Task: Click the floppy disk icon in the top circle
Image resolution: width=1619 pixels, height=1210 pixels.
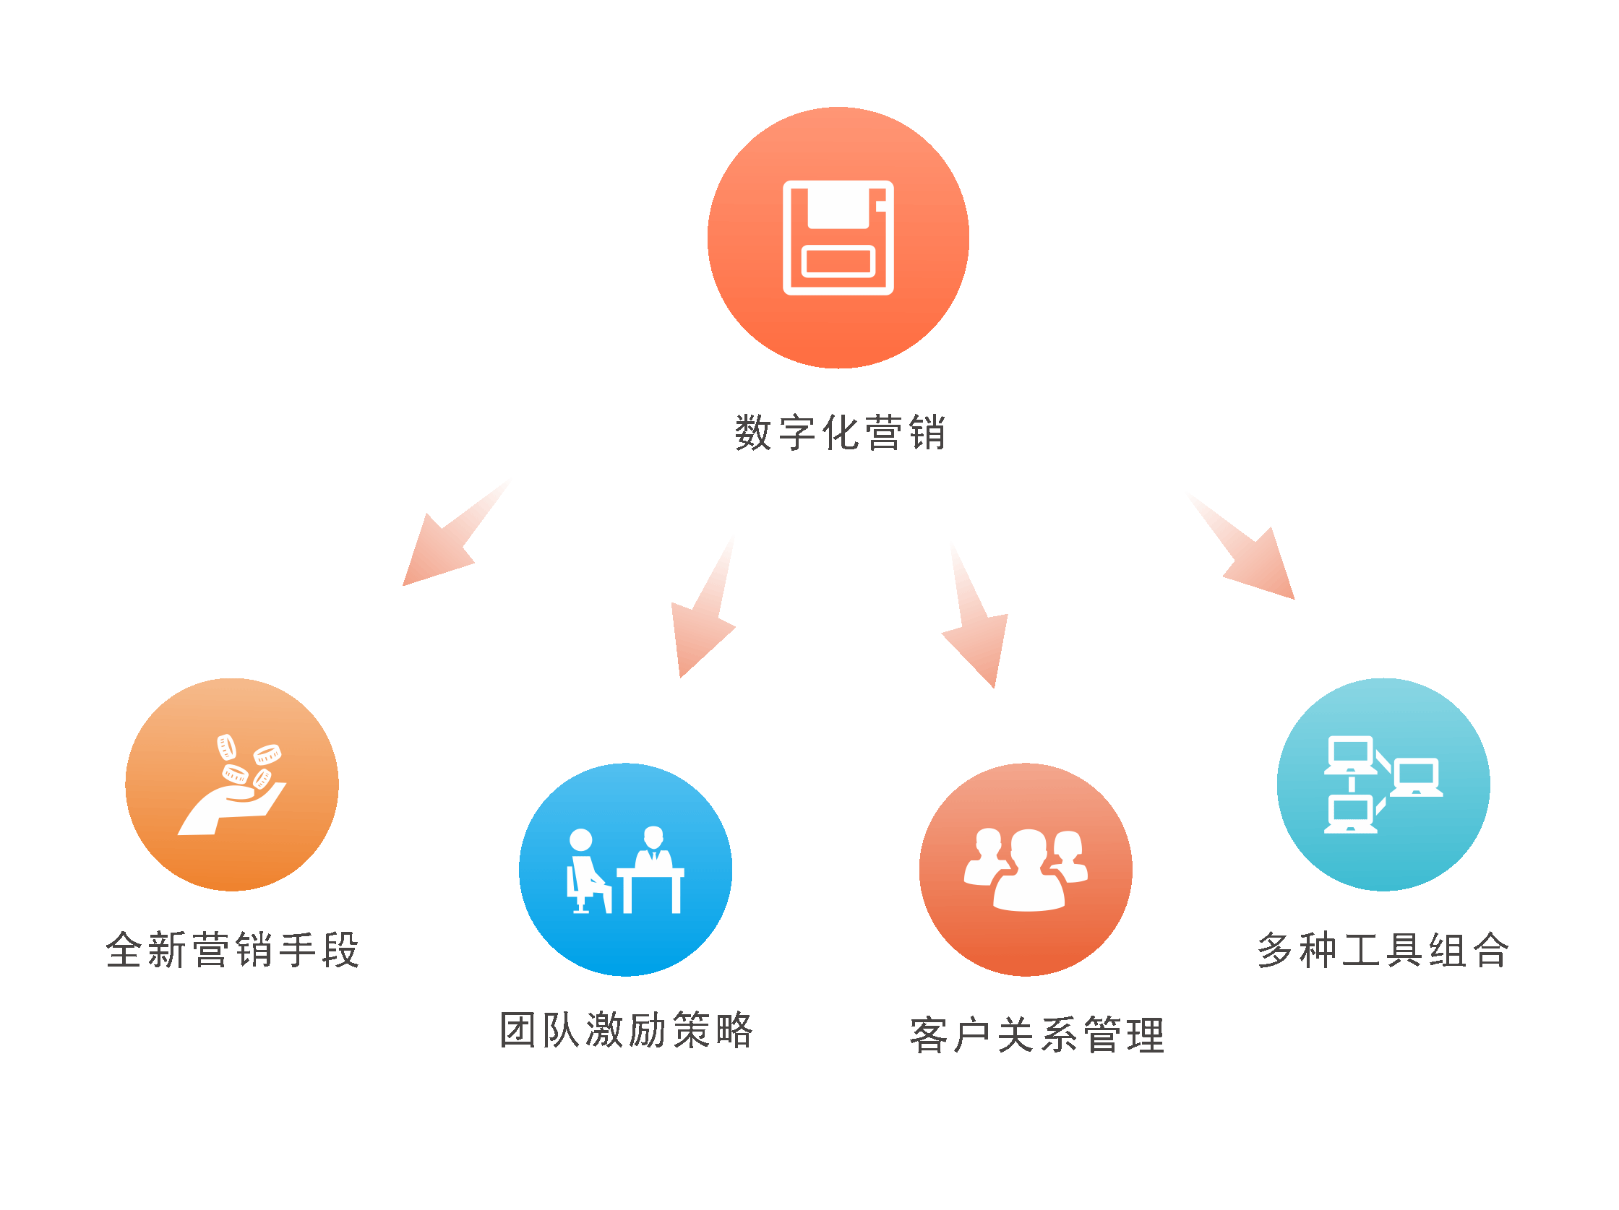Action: [838, 238]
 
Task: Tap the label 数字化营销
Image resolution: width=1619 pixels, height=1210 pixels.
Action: [841, 433]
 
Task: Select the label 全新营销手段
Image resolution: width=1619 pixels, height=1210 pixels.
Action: [233, 949]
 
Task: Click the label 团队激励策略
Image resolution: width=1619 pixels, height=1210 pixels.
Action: [626, 1029]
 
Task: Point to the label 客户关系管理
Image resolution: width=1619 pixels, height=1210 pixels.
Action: [1037, 1035]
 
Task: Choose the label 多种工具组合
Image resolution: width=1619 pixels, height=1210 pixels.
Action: [1383, 949]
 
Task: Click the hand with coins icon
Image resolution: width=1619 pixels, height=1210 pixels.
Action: [232, 785]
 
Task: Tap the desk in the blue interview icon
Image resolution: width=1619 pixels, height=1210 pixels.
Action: [650, 890]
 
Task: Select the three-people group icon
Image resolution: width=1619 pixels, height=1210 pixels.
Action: [1026, 870]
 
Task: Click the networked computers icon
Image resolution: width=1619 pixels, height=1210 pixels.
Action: [1383, 785]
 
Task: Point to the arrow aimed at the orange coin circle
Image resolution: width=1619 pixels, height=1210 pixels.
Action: [456, 532]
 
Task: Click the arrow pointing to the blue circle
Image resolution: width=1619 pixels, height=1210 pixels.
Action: [703, 607]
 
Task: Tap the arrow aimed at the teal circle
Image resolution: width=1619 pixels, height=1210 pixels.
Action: [1240, 545]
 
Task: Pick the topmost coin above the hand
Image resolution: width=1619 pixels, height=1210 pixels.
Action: [226, 747]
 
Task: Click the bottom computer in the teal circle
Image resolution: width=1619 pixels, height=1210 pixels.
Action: [1350, 814]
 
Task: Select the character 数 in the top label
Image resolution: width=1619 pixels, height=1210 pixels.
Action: [753, 433]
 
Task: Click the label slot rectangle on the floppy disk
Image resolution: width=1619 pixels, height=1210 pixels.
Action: [839, 262]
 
